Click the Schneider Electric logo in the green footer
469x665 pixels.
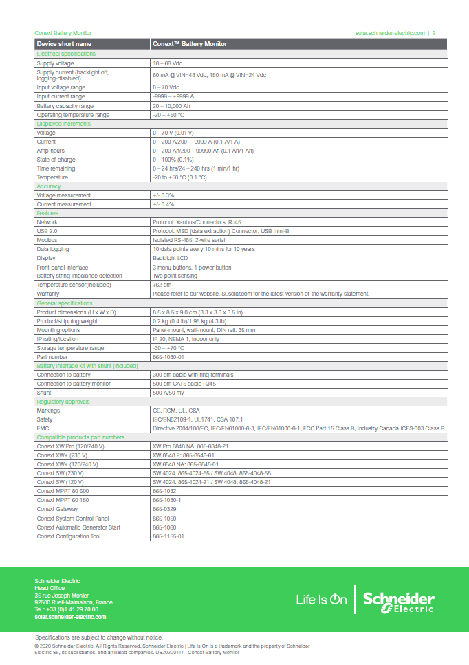pos(398,600)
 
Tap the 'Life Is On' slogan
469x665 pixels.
pos(321,600)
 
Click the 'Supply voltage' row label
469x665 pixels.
pos(55,63)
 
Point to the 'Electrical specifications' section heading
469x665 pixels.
pos(66,54)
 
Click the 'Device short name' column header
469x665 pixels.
pos(64,44)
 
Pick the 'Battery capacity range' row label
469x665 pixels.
pos(65,106)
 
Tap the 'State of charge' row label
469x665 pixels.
pos(56,160)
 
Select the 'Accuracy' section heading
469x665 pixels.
pos(49,186)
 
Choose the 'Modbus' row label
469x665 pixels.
pos(47,240)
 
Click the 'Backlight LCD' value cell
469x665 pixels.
pos(171,258)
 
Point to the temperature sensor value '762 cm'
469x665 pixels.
pos(162,285)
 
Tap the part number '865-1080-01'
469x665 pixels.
pos(168,356)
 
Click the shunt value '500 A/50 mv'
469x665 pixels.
pos(168,392)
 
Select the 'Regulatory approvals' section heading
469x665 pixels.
pos(63,401)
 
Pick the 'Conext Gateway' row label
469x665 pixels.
pos(57,509)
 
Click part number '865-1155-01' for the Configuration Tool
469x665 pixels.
pos(168,536)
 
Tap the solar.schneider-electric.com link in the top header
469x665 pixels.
pos(390,33)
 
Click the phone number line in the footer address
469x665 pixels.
pos(66,609)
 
